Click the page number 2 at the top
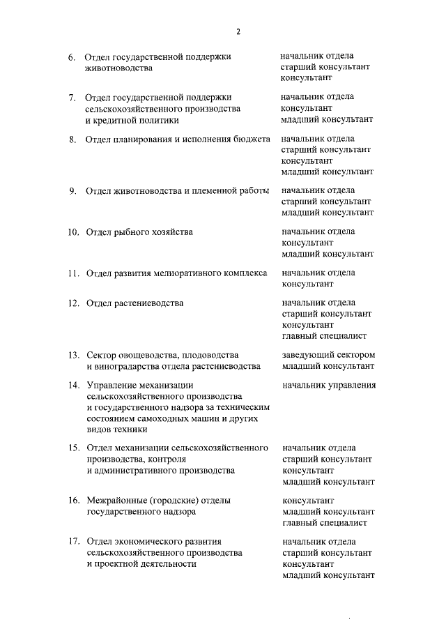pos(238,31)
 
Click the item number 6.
pos(72,56)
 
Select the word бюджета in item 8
pos(246,139)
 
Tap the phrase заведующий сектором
pos(328,355)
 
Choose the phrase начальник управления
pos(329,385)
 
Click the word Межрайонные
pos(117,501)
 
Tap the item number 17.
pos(72,542)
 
